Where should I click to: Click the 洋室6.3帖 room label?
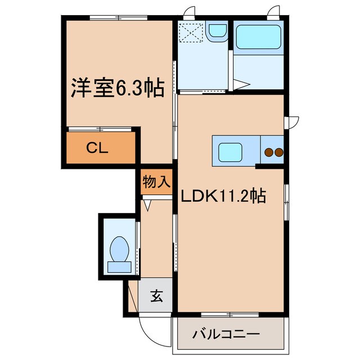tap(117, 88)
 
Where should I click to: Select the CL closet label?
tap(97, 148)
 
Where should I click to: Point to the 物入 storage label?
tap(156, 182)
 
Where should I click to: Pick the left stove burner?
tap(269, 152)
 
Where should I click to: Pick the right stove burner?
tap(278, 152)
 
